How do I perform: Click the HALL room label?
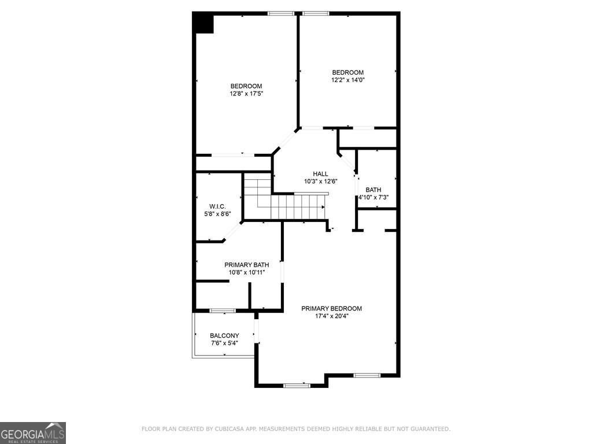[x=320, y=173]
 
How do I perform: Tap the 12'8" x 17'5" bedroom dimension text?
[x=246, y=94]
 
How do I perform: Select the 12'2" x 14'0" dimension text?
[x=347, y=80]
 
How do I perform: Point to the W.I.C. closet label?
[x=217, y=206]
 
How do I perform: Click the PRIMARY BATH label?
[x=247, y=265]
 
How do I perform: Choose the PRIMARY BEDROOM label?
[x=331, y=308]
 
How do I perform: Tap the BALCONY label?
[x=224, y=335]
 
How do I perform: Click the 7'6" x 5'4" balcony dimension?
[x=224, y=343]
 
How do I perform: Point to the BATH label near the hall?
[x=373, y=190]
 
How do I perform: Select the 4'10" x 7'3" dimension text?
[x=373, y=197]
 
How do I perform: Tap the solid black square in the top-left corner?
[x=204, y=24]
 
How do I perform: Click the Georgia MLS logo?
[x=33, y=432]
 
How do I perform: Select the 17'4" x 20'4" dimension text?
[x=331, y=316]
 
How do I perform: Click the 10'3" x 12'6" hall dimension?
[x=320, y=181]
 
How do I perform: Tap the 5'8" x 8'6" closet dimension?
[x=217, y=214]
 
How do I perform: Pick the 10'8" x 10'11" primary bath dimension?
[x=247, y=272]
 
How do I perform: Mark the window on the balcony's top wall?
[x=222, y=310]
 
